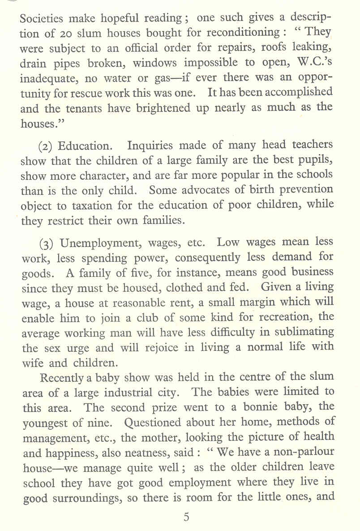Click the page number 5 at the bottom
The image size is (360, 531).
pyautogui.click(x=186, y=517)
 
